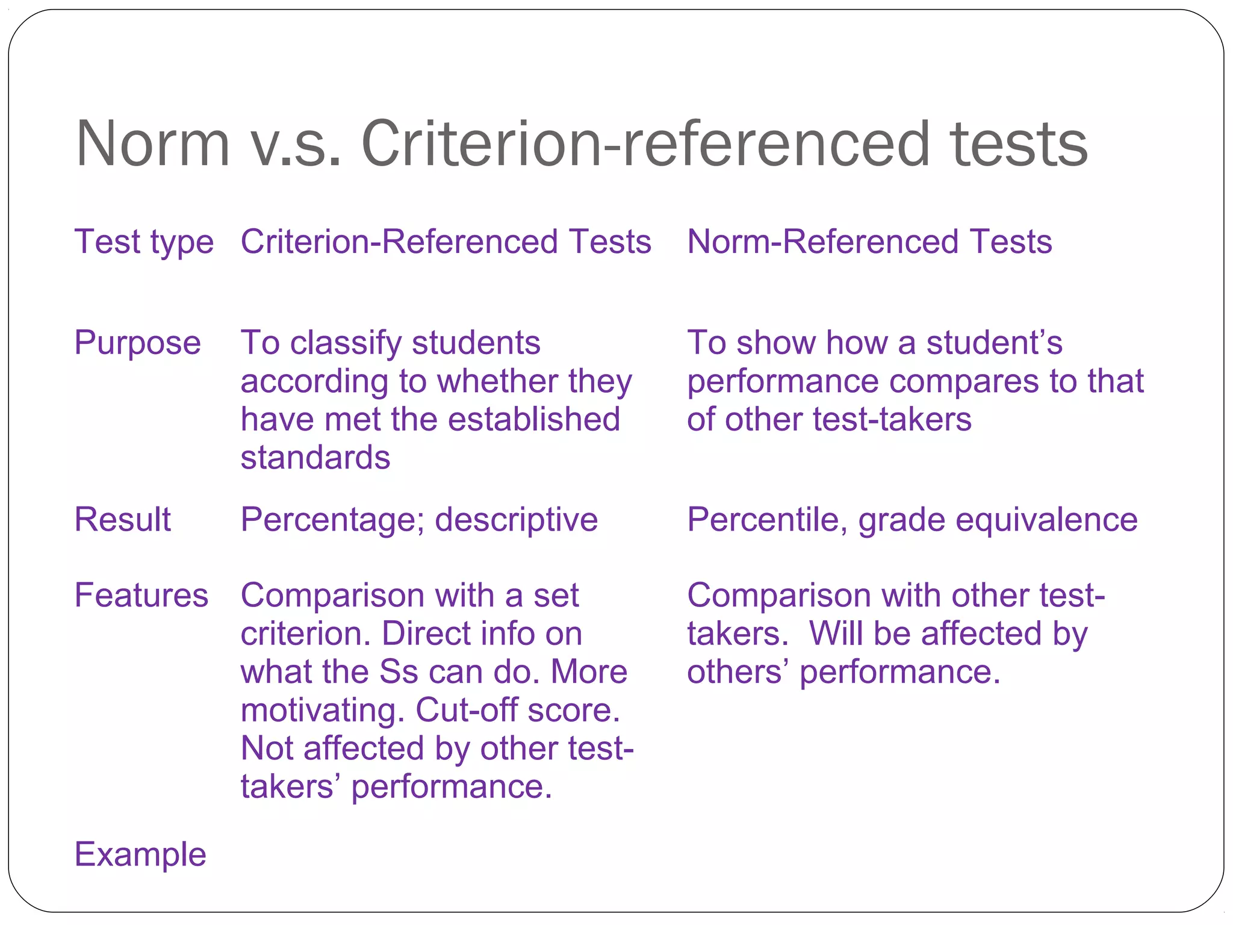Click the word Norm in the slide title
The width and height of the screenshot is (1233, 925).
coord(153,144)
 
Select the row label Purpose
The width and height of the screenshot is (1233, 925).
coord(137,343)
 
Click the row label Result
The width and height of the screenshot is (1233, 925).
coord(122,519)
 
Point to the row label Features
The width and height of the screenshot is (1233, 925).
coord(141,596)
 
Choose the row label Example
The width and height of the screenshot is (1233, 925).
coord(140,855)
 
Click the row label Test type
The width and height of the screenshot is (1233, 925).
coord(144,242)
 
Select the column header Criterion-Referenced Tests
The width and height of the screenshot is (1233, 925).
coord(446,242)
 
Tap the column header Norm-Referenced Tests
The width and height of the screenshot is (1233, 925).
coord(869,242)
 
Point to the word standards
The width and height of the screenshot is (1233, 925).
coord(315,458)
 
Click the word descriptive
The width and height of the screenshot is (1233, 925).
coord(516,519)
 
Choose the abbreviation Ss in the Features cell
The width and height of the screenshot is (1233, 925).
coord(399,672)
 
